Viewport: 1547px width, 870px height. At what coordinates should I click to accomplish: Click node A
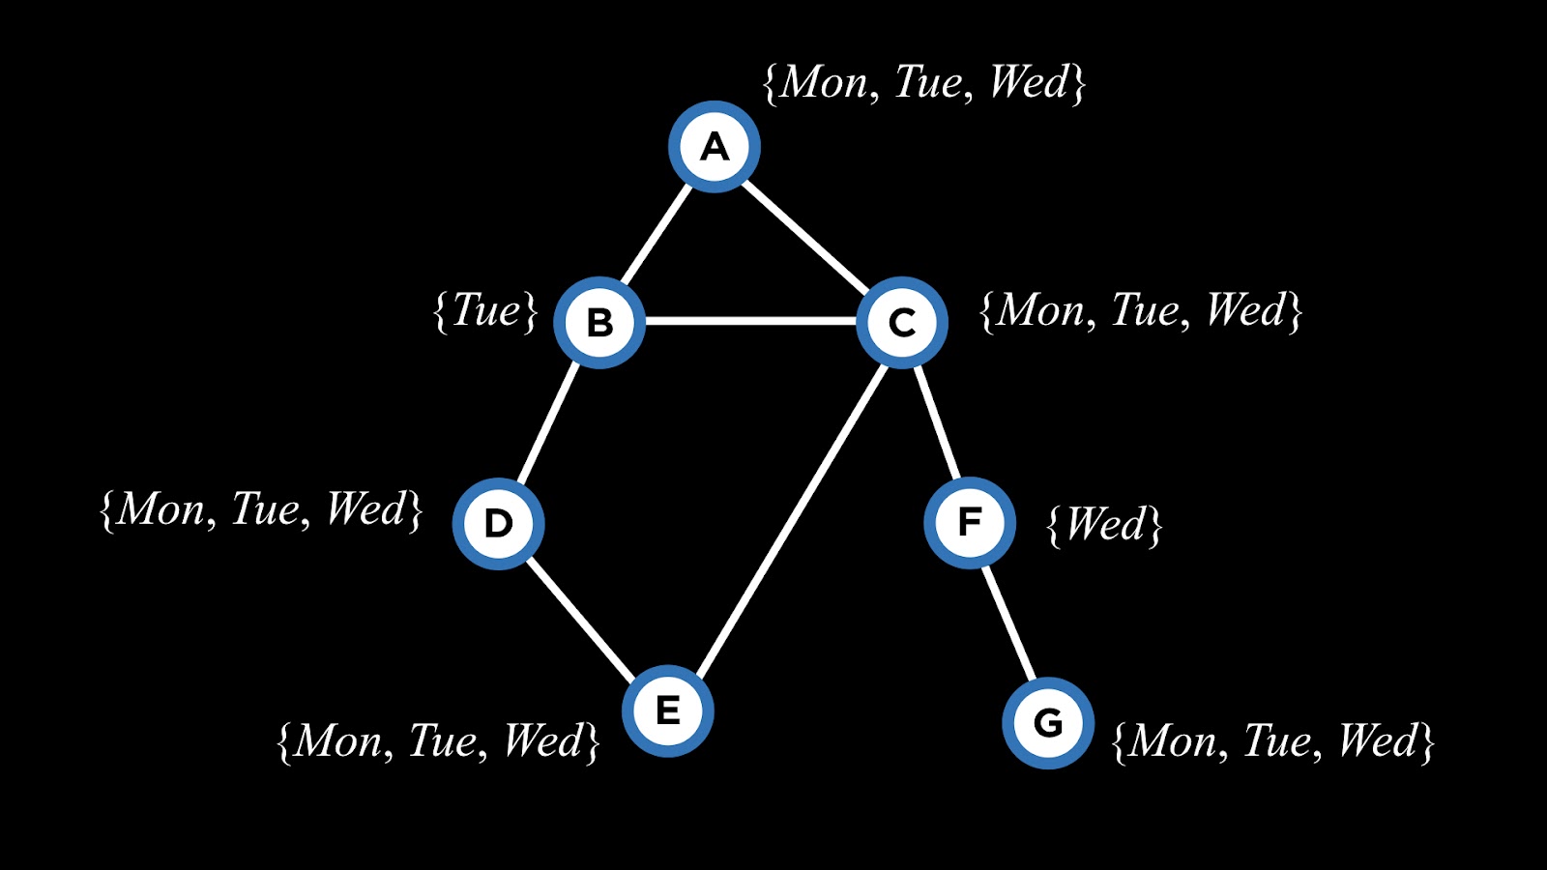coord(715,147)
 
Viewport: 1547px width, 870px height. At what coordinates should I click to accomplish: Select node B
coord(599,322)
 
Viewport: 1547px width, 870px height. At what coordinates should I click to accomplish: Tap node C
coord(901,322)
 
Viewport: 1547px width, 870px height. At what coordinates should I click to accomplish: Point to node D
coord(498,523)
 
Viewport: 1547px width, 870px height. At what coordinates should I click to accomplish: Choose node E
coord(667,710)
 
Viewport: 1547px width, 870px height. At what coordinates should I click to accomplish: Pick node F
coord(969,522)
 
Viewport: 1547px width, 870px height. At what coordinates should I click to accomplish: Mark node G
coord(1048,723)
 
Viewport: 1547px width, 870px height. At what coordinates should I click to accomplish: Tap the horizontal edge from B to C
coord(750,321)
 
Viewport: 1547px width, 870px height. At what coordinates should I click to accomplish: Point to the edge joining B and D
coord(548,422)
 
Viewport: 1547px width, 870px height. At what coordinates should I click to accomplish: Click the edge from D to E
coord(582,617)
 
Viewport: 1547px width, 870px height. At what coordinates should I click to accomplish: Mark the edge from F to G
coord(1008,623)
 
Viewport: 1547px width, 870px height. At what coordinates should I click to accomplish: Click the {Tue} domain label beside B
coord(485,311)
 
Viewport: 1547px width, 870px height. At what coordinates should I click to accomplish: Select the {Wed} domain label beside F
coord(1104,525)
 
